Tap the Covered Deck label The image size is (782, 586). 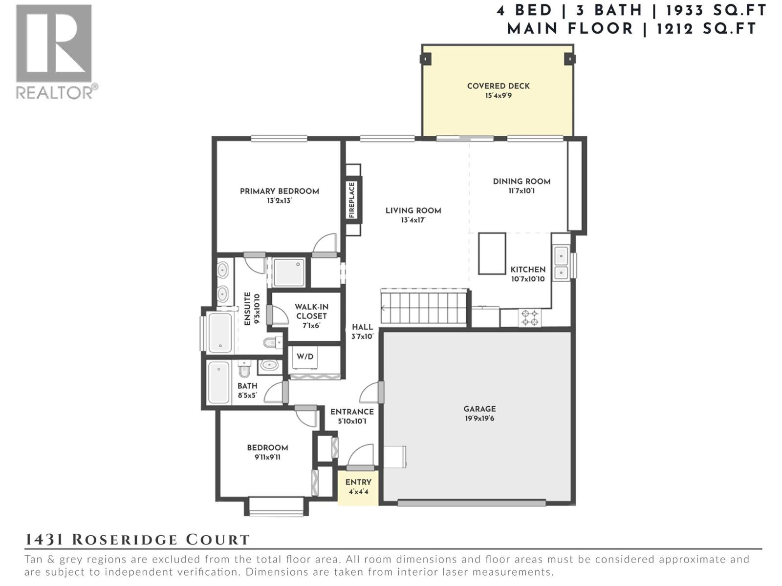coord(498,86)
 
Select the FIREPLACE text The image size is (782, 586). coord(351,200)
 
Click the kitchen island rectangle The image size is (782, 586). coord(492,253)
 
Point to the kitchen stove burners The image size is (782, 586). coord(530,318)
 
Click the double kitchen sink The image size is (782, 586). coord(561,263)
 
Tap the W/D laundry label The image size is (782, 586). coord(305,356)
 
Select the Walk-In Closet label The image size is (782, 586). coord(311,311)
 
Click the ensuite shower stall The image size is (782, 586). coord(288,272)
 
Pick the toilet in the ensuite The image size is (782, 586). coord(271,342)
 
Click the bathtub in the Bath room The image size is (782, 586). coord(218,382)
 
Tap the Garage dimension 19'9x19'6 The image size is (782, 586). coord(479,419)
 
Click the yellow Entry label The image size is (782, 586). coord(358,482)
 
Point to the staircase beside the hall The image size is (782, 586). coord(424,308)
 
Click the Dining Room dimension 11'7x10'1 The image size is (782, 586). coord(521,191)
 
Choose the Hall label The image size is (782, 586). coord(362,327)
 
